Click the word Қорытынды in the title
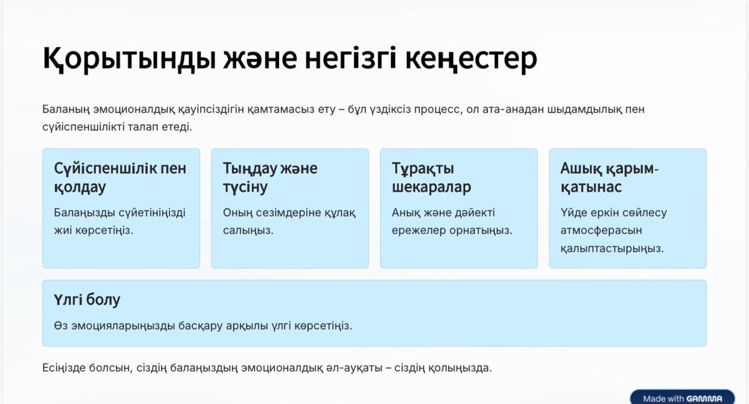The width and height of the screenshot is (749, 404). [129, 59]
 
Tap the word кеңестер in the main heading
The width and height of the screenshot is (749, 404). [471, 59]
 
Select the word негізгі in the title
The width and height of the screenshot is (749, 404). [351, 59]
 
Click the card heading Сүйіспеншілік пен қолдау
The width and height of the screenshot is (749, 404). [120, 177]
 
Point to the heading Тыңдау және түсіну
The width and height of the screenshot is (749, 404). [270, 177]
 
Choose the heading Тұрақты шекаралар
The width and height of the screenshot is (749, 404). [431, 177]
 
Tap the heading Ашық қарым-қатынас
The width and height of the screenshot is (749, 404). [609, 177]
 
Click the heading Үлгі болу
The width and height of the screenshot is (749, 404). [87, 300]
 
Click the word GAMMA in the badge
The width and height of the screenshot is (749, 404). [704, 399]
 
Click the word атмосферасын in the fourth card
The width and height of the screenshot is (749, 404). [601, 231]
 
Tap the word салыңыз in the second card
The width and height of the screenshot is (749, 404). [248, 231]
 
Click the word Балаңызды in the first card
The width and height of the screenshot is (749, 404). [85, 213]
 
